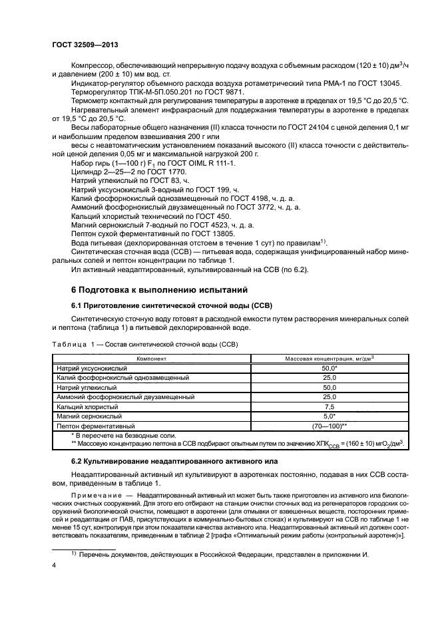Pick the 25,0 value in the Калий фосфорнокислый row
tap(330, 377)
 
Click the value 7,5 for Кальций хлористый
tap(330, 405)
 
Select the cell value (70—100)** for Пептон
tap(330, 424)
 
